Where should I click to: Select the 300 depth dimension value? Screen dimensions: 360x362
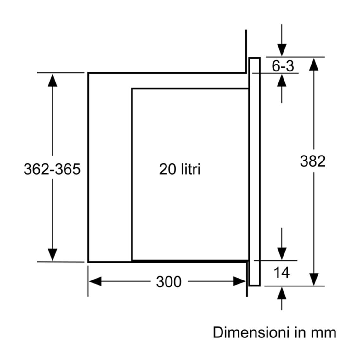(x=169, y=282)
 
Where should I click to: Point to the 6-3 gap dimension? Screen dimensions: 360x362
(x=283, y=66)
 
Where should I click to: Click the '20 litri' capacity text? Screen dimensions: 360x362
(x=180, y=169)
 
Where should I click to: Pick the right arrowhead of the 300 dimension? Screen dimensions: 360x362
(x=239, y=281)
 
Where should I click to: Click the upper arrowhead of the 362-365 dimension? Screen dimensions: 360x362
(x=52, y=80)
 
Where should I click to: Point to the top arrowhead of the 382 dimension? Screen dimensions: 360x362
(x=314, y=64)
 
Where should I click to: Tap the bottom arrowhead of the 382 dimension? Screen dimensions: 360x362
(x=314, y=279)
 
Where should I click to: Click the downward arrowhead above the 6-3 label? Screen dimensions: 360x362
(x=282, y=50)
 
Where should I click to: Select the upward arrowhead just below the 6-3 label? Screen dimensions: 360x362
(x=282, y=80)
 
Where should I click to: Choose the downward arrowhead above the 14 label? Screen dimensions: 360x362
(x=282, y=254)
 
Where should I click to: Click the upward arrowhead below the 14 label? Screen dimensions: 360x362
(x=282, y=293)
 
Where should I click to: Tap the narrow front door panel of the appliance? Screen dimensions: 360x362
(x=255, y=172)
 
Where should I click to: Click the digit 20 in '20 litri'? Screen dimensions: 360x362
(x=166, y=169)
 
